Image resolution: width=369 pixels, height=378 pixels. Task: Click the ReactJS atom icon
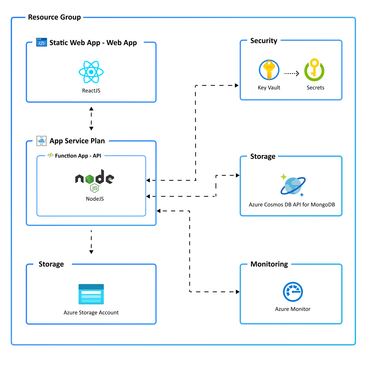(x=91, y=72)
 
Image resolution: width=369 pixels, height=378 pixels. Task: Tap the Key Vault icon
(x=269, y=70)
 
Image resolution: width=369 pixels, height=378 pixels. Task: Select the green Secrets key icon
(x=314, y=70)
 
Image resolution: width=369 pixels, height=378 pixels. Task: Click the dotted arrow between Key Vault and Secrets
(x=291, y=73)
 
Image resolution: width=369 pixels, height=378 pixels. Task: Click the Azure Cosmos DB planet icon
(x=293, y=186)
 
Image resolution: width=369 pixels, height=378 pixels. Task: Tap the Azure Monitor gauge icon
(x=293, y=292)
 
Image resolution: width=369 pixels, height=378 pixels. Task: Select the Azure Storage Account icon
(x=91, y=294)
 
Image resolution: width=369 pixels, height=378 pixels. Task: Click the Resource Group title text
(x=54, y=17)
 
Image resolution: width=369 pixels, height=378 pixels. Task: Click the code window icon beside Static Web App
(x=42, y=42)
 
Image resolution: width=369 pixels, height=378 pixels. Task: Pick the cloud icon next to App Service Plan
(x=41, y=141)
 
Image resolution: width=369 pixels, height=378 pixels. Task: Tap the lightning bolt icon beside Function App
(x=51, y=155)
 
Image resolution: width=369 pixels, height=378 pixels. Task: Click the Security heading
(x=264, y=41)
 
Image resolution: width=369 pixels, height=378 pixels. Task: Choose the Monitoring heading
(x=269, y=264)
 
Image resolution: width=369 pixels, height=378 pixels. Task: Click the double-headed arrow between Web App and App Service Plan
(x=91, y=118)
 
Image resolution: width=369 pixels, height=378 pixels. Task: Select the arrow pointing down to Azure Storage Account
(x=91, y=242)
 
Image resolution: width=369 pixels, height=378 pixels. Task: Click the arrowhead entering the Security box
(x=237, y=85)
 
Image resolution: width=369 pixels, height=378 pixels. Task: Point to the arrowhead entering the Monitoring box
(x=238, y=292)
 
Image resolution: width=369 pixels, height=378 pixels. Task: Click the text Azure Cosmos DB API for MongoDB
(x=292, y=205)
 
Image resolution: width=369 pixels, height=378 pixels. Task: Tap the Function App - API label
(x=78, y=156)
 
